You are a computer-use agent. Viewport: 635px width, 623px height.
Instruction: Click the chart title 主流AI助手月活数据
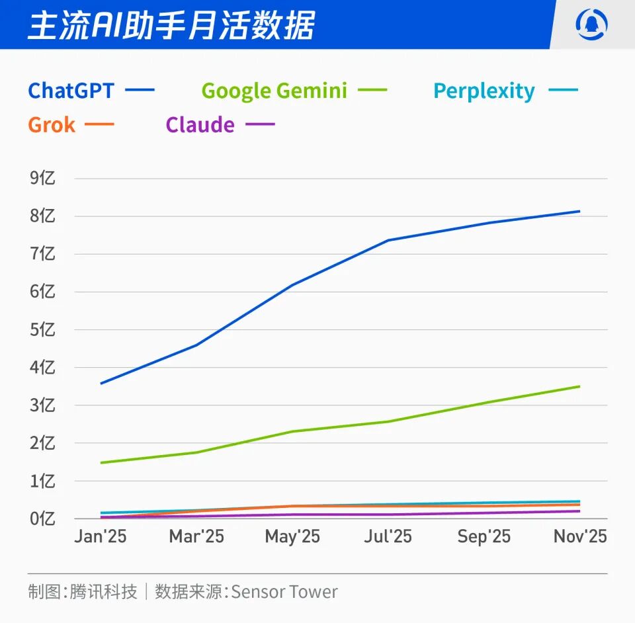(171, 25)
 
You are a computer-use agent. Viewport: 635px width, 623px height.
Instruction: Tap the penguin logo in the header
(591, 25)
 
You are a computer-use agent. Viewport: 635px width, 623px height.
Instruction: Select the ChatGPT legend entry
(71, 91)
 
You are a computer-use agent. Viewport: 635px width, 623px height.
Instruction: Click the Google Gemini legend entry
(274, 91)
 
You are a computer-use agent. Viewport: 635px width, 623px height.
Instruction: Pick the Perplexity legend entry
(484, 91)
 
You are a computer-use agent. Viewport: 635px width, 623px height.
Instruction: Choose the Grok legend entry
(52, 125)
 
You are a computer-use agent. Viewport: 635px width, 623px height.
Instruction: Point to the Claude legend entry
(200, 125)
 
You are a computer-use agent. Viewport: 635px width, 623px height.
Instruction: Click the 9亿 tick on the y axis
(42, 179)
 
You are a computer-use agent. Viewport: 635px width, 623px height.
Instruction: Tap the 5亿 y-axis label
(42, 329)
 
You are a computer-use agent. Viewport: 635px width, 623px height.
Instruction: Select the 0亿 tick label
(42, 519)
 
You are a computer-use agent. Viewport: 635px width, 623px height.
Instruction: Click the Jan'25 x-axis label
(101, 536)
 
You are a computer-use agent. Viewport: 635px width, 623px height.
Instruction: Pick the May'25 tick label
(292, 536)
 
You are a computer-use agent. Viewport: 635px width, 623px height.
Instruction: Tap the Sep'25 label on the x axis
(484, 536)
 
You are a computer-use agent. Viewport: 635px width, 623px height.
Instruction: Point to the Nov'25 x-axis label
(580, 536)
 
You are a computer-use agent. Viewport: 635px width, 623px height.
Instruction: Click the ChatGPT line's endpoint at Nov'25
(579, 212)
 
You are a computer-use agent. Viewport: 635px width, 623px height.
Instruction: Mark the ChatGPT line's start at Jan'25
(101, 384)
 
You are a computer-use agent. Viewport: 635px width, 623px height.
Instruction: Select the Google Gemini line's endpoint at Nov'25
(579, 386)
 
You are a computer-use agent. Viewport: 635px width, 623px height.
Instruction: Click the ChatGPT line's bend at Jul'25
(388, 240)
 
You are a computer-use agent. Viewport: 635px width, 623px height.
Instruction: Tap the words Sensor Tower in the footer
(284, 591)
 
